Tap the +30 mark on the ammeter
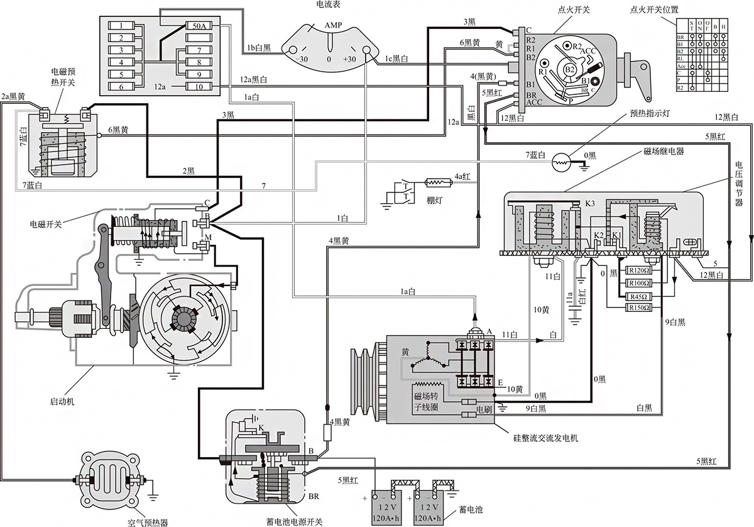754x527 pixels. pos(350,59)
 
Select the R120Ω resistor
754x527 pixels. pos(638,272)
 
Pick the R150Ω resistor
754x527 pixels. pos(638,308)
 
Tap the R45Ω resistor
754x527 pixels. pos(638,296)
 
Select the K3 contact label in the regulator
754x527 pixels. pos(590,204)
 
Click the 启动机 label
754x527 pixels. pos(62,401)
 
